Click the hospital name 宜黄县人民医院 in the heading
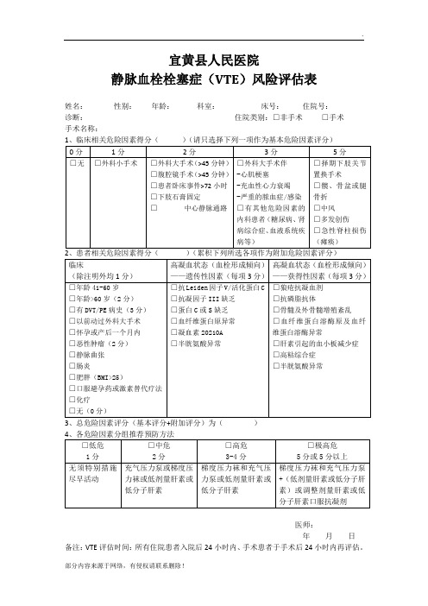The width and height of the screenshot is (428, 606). click(213, 60)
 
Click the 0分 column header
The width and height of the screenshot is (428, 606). click(78, 150)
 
